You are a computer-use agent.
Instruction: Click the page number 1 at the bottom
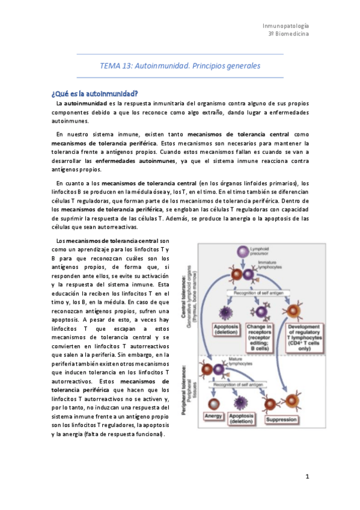click(x=307, y=477)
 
